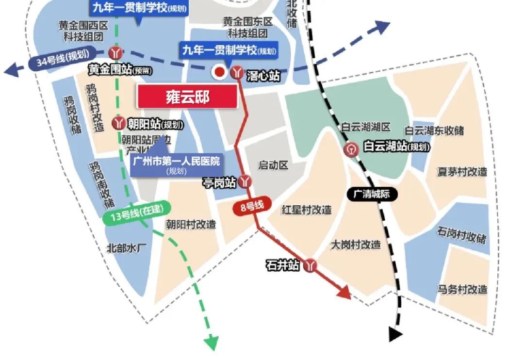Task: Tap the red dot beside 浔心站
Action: [x=219, y=72]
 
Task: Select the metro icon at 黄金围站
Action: [x=115, y=51]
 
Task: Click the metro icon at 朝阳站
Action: [x=118, y=123]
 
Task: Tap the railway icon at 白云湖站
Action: [x=352, y=149]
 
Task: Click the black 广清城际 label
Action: [x=373, y=195]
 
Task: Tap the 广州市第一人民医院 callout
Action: [x=176, y=164]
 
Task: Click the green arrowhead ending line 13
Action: [x=212, y=343]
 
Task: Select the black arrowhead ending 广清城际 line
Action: [x=396, y=334]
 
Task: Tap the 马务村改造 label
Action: [x=462, y=290]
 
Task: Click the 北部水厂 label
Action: [x=126, y=248]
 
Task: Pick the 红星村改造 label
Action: [x=307, y=210]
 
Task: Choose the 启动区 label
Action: [x=273, y=165]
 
